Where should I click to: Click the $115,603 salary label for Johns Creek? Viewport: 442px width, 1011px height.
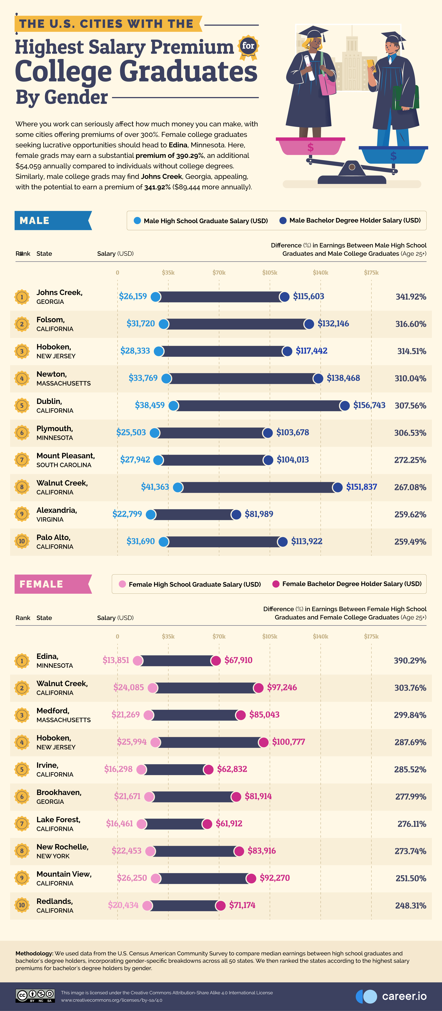pyautogui.click(x=308, y=296)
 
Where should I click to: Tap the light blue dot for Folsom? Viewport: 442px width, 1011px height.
pyautogui.click(x=164, y=324)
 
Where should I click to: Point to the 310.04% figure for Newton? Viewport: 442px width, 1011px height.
pyautogui.click(x=410, y=378)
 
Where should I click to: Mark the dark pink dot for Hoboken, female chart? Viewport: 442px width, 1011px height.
pyautogui.click(x=263, y=742)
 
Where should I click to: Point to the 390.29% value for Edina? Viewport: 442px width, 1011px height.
pyautogui.click(x=410, y=661)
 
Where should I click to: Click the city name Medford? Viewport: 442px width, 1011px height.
pyautogui.click(x=53, y=711)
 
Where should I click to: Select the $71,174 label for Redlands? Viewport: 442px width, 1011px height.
pyautogui.click(x=242, y=905)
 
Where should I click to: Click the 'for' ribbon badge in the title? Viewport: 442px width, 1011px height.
pyautogui.click(x=248, y=46)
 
